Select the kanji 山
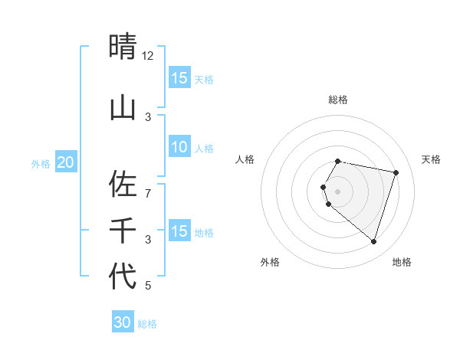point(123,108)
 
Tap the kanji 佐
point(123,184)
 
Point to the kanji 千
point(123,230)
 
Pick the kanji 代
point(123,276)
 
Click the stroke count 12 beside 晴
point(148,56)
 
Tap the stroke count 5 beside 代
point(148,286)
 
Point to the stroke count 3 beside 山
point(148,116)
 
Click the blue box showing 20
point(65,162)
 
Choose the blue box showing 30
point(123,322)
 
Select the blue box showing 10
point(179,147)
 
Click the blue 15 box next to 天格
point(179,78)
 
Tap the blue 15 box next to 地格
point(179,231)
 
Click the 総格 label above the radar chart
point(338,100)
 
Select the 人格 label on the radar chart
point(245,159)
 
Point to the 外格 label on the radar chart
point(270,262)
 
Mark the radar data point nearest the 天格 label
point(396,172)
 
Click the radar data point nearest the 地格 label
point(373,241)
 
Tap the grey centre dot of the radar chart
point(338,191)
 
